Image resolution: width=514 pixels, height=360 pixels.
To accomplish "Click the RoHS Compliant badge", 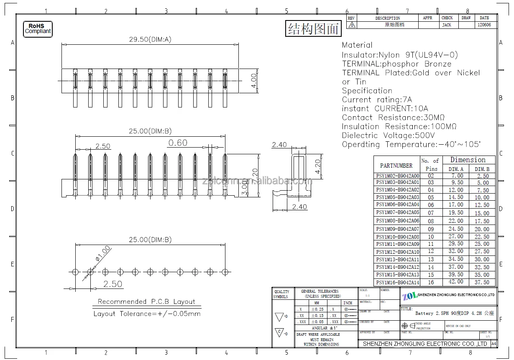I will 38,29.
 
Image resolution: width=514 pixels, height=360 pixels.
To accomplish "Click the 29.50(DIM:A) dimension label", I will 144,40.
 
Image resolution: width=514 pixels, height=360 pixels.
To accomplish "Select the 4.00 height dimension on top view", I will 253,80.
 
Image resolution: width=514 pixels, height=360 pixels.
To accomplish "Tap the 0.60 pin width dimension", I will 178,143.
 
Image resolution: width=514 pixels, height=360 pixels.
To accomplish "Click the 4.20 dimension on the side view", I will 318,166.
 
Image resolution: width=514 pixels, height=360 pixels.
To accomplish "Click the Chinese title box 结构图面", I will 313,28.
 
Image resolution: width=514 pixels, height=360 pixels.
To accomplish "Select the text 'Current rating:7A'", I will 377,100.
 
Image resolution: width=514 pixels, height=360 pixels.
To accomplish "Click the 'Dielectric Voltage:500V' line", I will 388,135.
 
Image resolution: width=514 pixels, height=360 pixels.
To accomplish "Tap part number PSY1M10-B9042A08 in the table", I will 397,237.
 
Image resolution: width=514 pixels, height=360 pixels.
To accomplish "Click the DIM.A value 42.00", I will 456,282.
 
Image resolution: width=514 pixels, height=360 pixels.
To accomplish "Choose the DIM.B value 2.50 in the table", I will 482,176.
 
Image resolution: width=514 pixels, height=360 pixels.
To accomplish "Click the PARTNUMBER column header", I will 396,165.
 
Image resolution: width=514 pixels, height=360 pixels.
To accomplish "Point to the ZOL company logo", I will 410,296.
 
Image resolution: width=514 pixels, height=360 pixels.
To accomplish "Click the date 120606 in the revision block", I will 484,25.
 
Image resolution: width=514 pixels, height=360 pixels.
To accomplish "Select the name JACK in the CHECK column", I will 447,25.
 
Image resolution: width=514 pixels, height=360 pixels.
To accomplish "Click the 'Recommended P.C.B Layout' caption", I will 146,301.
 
